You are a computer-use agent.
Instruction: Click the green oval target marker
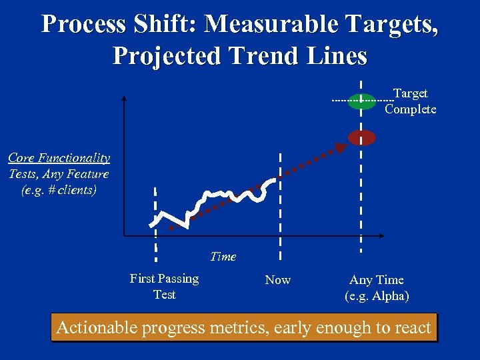[x=362, y=101]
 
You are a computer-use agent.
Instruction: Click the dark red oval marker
[x=362, y=137]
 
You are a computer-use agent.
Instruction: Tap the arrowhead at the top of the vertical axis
[x=124, y=99]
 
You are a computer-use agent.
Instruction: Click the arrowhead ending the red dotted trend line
[x=341, y=148]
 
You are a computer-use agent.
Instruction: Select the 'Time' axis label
[x=223, y=256]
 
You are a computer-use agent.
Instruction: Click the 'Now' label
[x=278, y=280]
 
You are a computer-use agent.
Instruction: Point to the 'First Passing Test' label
[x=164, y=286]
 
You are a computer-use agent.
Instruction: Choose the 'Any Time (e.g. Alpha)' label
[x=377, y=288]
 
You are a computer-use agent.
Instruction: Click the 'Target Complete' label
[x=410, y=101]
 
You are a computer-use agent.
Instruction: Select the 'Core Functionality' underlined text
[x=59, y=158]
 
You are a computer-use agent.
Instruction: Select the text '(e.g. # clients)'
[x=59, y=189]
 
